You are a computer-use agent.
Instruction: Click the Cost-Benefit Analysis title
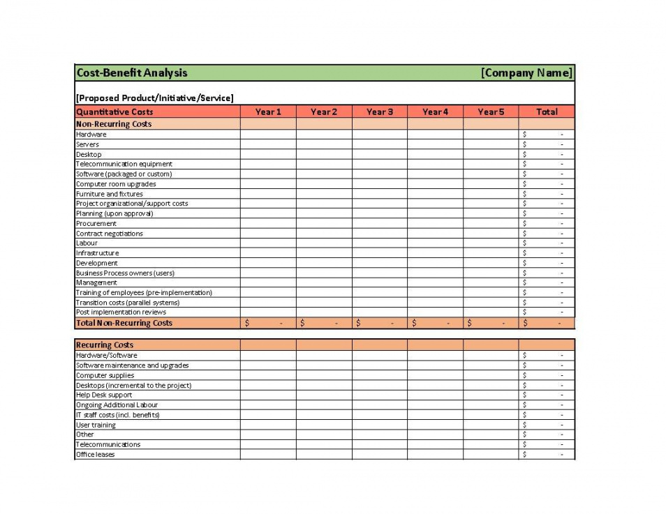(132, 73)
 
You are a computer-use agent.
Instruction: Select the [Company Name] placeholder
(526, 73)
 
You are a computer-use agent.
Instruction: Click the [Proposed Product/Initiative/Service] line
(155, 98)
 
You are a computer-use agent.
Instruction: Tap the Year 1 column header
(268, 112)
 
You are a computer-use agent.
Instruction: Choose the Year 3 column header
(380, 112)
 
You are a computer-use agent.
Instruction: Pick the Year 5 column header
(491, 112)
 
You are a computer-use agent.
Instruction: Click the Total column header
(547, 112)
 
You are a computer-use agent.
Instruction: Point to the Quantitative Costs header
(114, 112)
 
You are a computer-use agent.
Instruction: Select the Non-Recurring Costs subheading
(114, 124)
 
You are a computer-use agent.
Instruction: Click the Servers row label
(88, 144)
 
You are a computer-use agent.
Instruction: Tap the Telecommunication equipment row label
(124, 164)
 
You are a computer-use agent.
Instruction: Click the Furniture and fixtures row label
(110, 194)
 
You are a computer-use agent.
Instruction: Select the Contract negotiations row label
(110, 234)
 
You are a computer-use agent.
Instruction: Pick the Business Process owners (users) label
(126, 273)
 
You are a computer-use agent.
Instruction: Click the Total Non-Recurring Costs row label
(124, 323)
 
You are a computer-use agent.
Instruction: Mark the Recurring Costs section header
(105, 345)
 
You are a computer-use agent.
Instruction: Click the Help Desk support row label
(104, 395)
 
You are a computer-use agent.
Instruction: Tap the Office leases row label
(96, 455)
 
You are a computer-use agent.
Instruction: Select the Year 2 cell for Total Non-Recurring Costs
(324, 323)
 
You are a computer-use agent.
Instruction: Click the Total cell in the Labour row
(547, 243)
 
